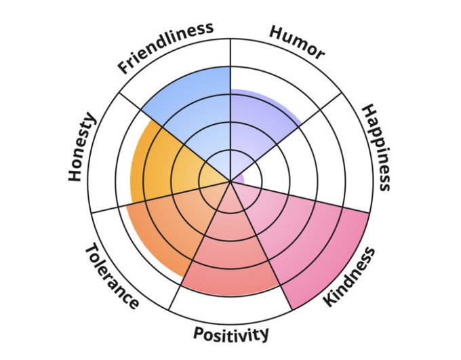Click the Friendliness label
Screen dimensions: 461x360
(x=165, y=47)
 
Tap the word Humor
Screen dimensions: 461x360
(x=297, y=42)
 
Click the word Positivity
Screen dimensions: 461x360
(x=231, y=334)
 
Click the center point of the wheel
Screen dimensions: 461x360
(x=230, y=179)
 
